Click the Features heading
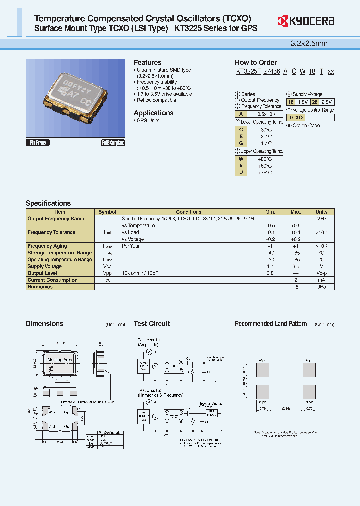tap(147, 62)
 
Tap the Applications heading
tap(153, 113)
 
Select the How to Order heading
tap(255, 62)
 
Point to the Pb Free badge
tap(37, 143)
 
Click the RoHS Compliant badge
tap(113, 143)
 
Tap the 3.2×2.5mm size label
tap(309, 43)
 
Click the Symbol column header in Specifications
tap(107, 212)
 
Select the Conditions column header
tap(189, 212)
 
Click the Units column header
tap(321, 212)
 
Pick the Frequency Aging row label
tap(47, 246)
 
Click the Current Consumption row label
tap(52, 280)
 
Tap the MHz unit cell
tap(321, 218)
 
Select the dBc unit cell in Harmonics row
tap(321, 287)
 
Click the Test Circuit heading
tap(152, 323)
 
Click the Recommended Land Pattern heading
tap(271, 323)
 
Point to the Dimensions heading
tap(44, 323)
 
